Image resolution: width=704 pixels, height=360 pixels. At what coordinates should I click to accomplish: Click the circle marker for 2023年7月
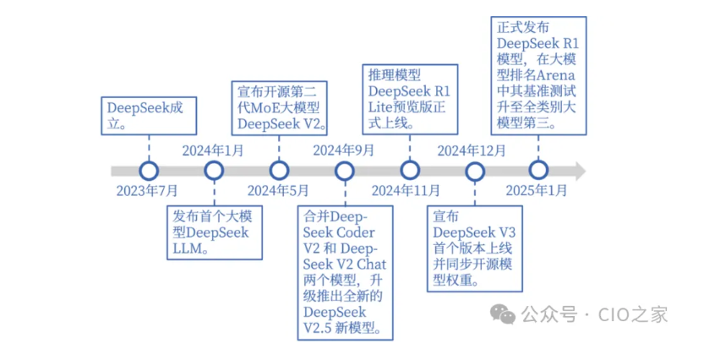(x=149, y=171)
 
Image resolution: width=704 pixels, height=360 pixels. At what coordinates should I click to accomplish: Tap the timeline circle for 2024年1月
(x=214, y=171)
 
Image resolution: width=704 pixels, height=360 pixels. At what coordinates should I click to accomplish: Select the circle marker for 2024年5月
(x=278, y=171)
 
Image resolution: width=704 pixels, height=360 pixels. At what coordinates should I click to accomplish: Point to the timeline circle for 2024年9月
(x=344, y=171)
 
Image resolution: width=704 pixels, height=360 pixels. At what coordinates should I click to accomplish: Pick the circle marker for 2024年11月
(x=409, y=171)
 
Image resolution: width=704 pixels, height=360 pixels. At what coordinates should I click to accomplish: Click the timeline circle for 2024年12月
(x=473, y=171)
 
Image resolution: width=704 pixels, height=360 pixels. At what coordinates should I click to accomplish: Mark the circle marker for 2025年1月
(x=538, y=171)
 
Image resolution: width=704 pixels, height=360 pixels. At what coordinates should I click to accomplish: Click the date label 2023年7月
(x=148, y=191)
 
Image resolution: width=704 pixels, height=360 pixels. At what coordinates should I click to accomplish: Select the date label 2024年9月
(x=344, y=151)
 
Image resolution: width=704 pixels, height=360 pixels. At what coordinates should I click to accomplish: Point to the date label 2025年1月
(x=537, y=191)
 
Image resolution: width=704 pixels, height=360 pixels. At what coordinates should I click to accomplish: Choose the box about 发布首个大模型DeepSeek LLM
(x=212, y=231)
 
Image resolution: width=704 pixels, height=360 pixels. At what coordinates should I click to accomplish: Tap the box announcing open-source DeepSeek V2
(x=279, y=106)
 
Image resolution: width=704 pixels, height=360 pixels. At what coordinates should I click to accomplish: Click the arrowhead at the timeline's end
(x=581, y=171)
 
